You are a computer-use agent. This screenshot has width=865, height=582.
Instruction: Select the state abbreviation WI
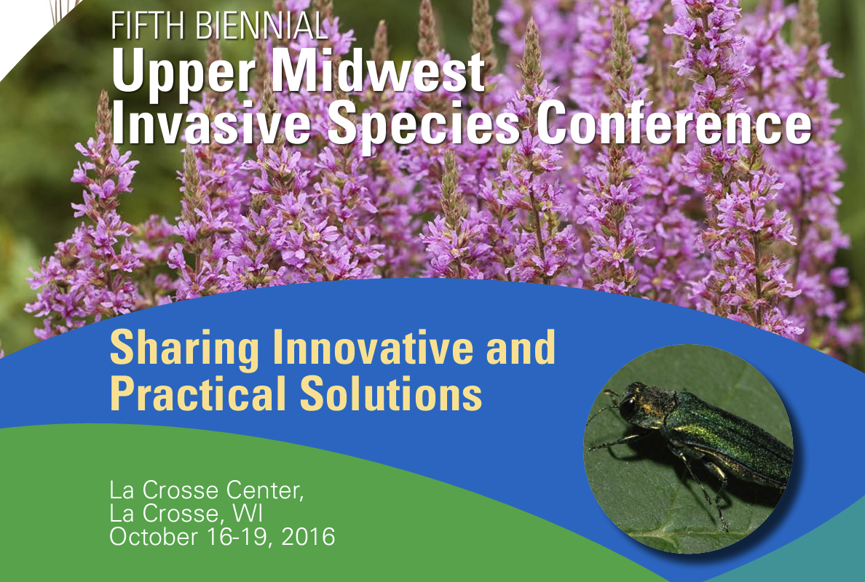coord(248,514)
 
